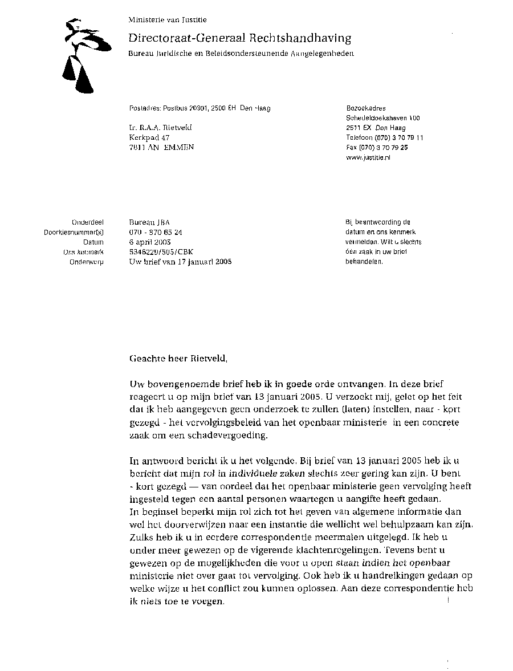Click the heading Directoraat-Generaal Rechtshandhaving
[240, 38]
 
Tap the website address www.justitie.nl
[368, 157]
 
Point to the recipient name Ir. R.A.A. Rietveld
[161, 128]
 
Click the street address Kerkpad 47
[149, 137]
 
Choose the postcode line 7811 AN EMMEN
[161, 147]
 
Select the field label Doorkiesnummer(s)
[74, 232]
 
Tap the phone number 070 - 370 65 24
[156, 232]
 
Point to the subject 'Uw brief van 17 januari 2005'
[181, 262]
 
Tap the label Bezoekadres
[366, 108]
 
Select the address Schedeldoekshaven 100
[383, 118]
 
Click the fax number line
[377, 147]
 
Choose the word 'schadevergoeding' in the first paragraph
[230, 436]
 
